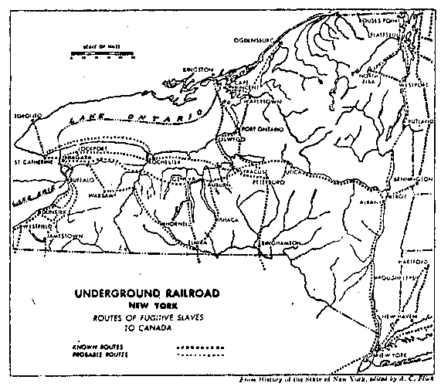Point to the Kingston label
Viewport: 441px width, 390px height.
(x=197, y=70)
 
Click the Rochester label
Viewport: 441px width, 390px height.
(x=165, y=162)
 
